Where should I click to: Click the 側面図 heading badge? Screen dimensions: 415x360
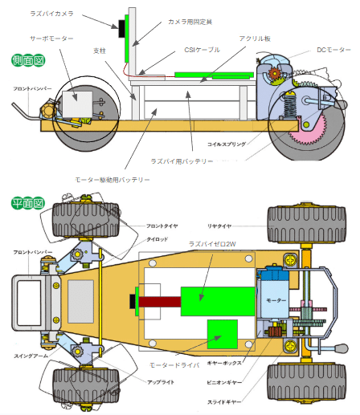27,60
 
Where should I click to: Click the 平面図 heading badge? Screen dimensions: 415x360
27,202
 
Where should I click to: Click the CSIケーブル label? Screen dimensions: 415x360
202,50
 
